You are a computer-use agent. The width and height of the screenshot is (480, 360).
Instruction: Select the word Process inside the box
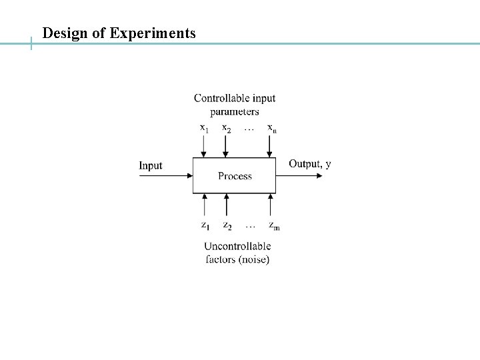point(235,176)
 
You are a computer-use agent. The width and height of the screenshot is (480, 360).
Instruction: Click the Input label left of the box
point(150,165)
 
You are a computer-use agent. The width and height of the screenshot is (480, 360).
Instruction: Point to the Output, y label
point(309,164)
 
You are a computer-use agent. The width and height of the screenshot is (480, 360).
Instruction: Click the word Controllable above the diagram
point(221,98)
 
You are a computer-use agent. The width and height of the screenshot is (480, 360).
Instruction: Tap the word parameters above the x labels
point(235,111)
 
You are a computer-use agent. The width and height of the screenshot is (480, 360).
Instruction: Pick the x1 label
point(205,127)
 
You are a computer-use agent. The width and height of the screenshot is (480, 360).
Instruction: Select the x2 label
point(227,127)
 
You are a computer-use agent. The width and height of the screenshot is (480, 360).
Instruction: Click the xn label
point(272,127)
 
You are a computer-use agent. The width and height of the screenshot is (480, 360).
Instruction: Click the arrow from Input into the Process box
point(167,176)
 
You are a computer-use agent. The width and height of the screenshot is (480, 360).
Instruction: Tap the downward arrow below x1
point(205,147)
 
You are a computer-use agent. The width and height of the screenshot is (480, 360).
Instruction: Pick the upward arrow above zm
point(271,205)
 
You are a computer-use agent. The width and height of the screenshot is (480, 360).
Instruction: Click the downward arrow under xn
point(271,147)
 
